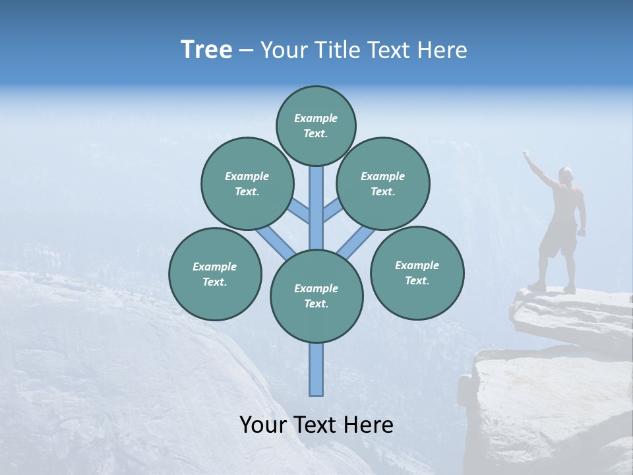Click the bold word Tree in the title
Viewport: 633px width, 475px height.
point(206,50)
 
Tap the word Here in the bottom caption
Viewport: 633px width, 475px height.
point(369,425)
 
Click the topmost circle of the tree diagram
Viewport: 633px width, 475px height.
point(316,125)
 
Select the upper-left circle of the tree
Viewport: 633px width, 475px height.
point(247,183)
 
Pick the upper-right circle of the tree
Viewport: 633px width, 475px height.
point(383,183)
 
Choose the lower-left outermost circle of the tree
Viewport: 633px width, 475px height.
point(215,274)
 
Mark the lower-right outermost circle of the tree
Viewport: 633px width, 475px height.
point(417,272)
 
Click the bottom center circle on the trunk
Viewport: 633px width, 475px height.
point(316,296)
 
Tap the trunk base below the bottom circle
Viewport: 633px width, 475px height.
point(316,369)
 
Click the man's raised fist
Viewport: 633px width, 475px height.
point(526,154)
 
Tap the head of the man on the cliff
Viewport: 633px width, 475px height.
point(566,174)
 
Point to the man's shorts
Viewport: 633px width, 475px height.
point(558,241)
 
